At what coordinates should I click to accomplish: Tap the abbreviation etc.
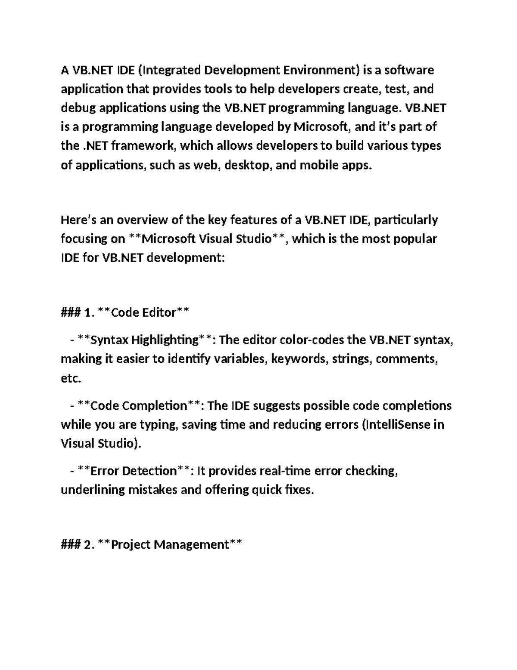71,379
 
